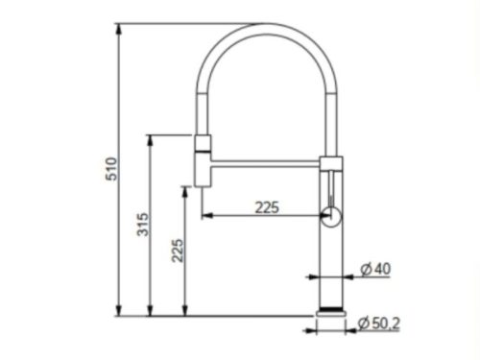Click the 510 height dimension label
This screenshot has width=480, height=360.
point(111,169)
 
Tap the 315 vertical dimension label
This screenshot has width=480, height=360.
point(143,225)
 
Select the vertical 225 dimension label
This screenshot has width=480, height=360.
point(178,251)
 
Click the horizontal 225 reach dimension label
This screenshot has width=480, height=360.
point(267,207)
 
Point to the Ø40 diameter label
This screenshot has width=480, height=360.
point(375,269)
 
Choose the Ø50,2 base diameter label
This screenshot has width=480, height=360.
point(379,324)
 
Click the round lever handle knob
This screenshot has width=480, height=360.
point(331,217)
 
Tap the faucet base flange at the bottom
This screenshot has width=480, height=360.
point(331,313)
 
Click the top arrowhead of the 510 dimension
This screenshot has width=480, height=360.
point(119,29)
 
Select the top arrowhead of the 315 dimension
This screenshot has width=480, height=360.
point(150,140)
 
